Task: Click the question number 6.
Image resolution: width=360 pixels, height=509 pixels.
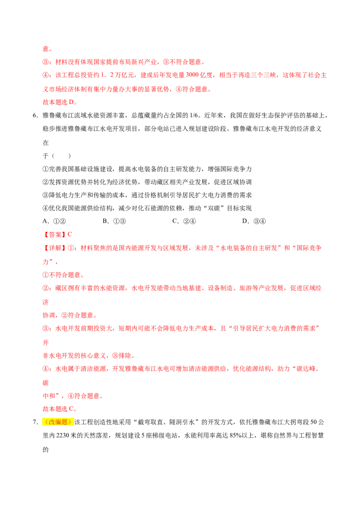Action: coord(35,116)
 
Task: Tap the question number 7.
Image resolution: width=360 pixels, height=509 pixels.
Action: coord(35,422)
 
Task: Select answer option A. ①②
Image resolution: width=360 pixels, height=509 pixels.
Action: coord(54,221)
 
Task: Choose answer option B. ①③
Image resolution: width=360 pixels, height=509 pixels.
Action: coord(114,221)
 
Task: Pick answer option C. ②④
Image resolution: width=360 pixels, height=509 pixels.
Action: coord(184,221)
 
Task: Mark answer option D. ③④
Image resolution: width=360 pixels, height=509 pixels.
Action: coord(254,221)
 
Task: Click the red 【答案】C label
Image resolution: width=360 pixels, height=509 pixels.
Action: coord(58,235)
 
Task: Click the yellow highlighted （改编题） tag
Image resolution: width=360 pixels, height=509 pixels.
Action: coord(58,422)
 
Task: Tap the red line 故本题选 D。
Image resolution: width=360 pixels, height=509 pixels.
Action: coord(60,102)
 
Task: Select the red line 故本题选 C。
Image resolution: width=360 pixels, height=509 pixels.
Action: coord(60,409)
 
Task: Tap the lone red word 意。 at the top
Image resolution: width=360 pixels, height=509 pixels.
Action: coord(47,49)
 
